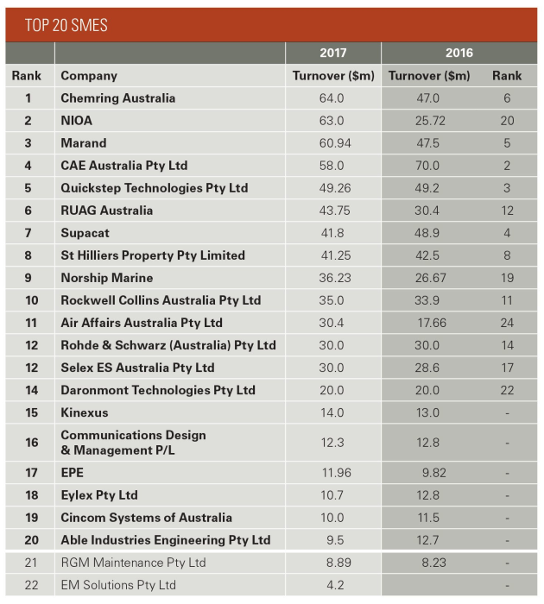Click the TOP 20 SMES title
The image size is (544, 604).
tap(66, 25)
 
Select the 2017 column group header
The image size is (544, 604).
tap(332, 53)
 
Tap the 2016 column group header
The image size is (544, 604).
tap(459, 53)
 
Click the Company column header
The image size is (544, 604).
tap(89, 76)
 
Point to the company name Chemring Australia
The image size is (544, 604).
tap(117, 98)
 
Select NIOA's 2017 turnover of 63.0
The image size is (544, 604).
tap(332, 121)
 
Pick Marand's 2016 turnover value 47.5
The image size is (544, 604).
tap(428, 143)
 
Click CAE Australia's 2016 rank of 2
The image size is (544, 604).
tap(507, 166)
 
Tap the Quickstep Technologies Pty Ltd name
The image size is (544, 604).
tap(154, 188)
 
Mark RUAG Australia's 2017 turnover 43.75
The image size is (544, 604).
tap(332, 211)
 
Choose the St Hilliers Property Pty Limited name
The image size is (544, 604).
tap(152, 255)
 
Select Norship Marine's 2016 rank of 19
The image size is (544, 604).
tap(507, 278)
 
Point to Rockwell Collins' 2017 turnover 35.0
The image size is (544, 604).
tap(332, 300)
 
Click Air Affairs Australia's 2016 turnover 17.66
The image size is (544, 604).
tap(428, 323)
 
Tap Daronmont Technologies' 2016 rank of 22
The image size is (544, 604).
tap(507, 390)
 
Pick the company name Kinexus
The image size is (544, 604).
tap(85, 412)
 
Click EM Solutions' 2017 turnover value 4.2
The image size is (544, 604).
tap(332, 585)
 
